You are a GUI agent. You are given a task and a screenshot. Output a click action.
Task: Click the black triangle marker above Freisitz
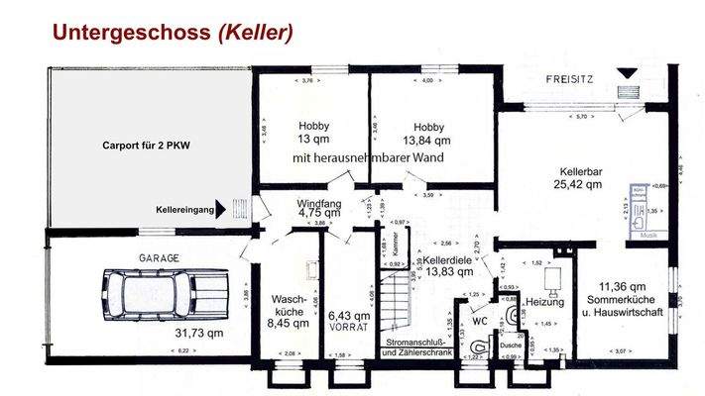627,73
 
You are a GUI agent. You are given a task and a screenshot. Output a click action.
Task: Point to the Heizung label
544,300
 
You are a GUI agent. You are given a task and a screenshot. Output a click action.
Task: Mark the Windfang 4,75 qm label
319,207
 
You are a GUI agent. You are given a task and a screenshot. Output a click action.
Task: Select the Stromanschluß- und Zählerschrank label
418,347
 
